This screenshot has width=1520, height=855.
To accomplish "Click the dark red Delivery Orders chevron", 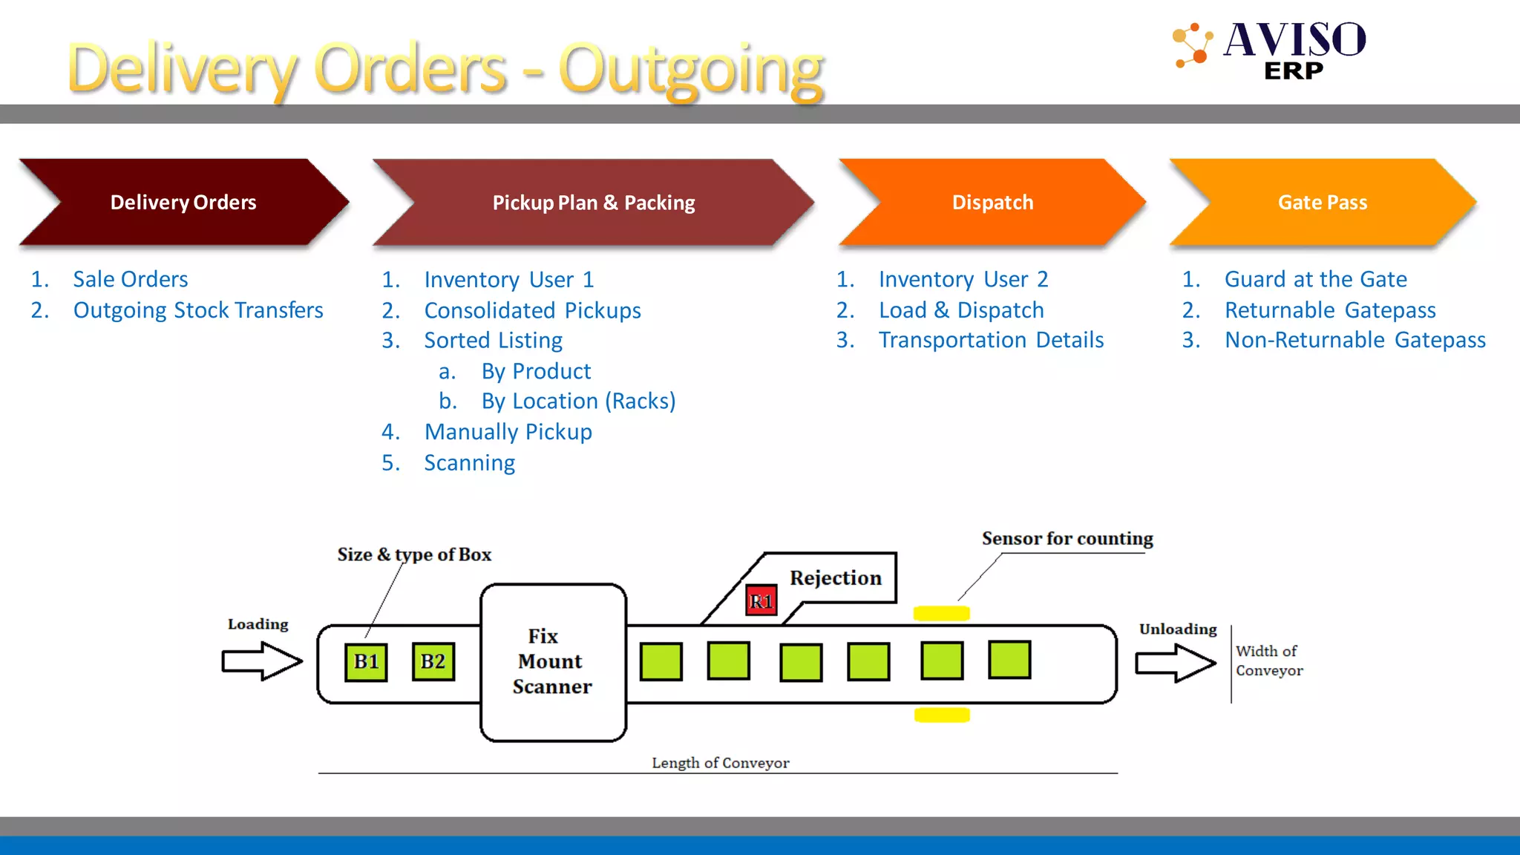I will (x=183, y=202).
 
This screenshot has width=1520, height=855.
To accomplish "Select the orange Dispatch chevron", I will (x=992, y=202).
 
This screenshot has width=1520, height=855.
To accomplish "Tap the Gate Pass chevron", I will (x=1322, y=202).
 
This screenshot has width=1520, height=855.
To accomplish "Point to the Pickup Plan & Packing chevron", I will (x=594, y=202).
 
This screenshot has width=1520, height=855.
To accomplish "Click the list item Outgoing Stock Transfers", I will (x=197, y=310).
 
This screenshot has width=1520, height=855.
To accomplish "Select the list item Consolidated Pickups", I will (x=532, y=310).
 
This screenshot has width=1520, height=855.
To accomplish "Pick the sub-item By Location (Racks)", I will (x=578, y=401).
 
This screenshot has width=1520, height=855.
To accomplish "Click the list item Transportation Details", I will (x=991, y=340).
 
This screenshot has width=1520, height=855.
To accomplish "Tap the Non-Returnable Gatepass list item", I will (x=1354, y=340).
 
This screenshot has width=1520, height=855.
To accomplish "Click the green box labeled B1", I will (x=366, y=661).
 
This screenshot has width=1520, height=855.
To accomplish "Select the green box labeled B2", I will (x=433, y=661).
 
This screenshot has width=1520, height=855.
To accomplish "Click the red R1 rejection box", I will (x=761, y=600).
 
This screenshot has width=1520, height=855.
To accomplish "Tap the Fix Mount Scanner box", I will (x=553, y=661).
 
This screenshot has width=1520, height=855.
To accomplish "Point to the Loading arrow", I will (x=261, y=661).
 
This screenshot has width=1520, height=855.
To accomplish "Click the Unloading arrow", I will (x=1175, y=662).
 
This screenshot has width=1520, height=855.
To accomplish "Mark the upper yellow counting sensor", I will (x=941, y=613).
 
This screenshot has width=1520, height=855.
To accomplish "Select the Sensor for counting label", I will (x=1067, y=538).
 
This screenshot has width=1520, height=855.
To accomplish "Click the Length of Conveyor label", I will (x=720, y=763).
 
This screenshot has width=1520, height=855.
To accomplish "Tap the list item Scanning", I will (x=469, y=463).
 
